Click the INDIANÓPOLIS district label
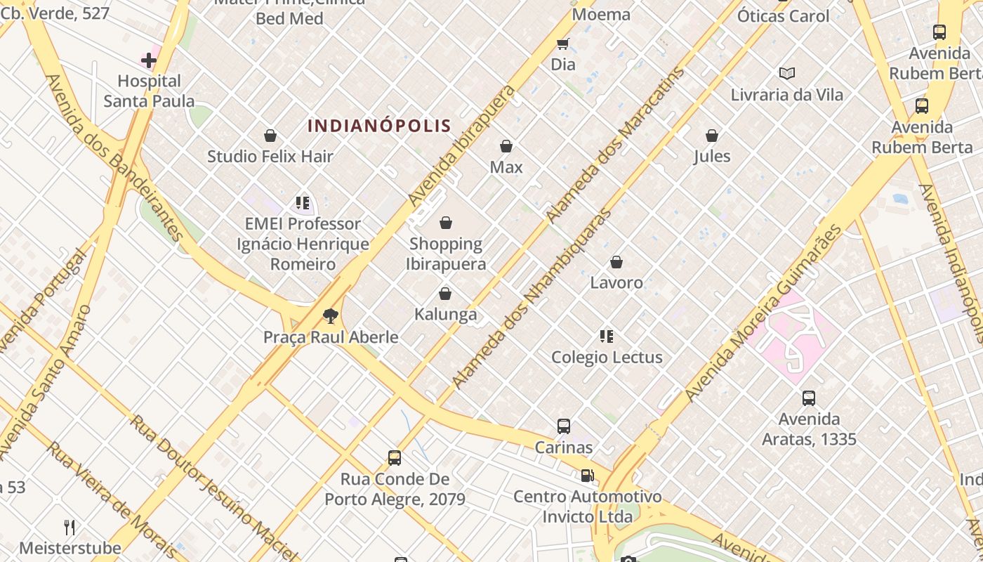[x=379, y=126]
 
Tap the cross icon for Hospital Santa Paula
[x=149, y=60]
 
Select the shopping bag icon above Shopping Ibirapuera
[x=445, y=223]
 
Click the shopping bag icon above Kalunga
[x=444, y=294]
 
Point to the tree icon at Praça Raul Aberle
[x=330, y=316]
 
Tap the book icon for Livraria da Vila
[x=786, y=73]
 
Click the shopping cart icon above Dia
[x=562, y=44]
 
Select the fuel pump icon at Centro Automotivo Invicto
[x=587, y=476]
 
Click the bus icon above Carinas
[x=563, y=426]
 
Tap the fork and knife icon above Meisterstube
[x=70, y=527]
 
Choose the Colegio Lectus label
[x=607, y=357]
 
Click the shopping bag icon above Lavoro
[x=616, y=262]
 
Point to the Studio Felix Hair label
[x=270, y=156]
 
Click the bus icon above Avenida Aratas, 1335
[x=809, y=398]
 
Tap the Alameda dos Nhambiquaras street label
[x=532, y=299]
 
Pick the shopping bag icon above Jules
[x=712, y=136]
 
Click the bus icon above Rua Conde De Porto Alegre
[x=395, y=458]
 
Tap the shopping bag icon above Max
[x=506, y=146]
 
